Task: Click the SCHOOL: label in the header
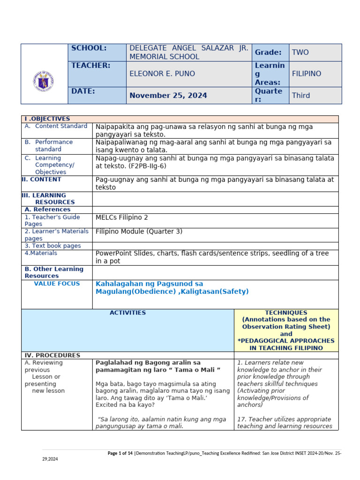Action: (89, 48)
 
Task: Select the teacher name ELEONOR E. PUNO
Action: (162, 74)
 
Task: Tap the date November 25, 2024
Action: (168, 96)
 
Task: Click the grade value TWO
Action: (300, 52)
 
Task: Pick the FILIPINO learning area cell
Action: (307, 74)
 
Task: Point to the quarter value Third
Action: (301, 95)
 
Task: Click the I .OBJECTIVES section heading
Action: (47, 119)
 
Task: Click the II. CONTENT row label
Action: (41, 180)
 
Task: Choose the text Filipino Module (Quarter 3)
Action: (139, 232)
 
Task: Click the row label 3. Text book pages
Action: (52, 246)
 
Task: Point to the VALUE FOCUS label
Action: (57, 284)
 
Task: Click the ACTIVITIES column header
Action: (127, 313)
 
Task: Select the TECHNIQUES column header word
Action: (286, 313)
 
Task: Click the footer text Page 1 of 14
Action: (120, 453)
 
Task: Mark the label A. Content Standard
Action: (60, 126)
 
